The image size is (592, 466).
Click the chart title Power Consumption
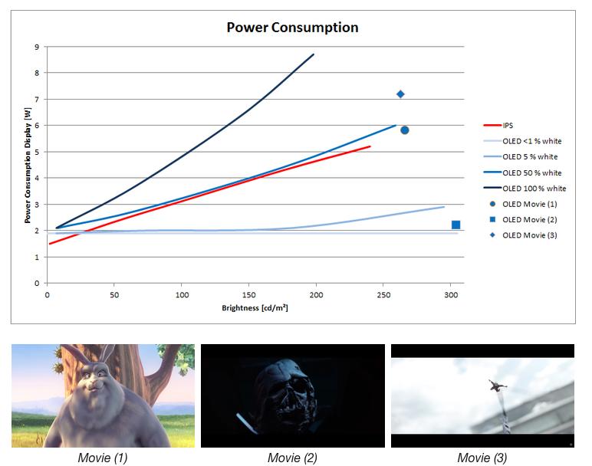(292, 28)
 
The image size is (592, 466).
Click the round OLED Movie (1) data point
(404, 130)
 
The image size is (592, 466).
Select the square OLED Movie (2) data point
(456, 225)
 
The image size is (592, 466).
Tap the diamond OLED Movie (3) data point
(400, 94)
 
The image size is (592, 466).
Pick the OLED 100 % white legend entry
(534, 188)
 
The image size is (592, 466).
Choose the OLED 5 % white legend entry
(530, 156)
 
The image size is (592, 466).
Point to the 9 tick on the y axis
(36, 47)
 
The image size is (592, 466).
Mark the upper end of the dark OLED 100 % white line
(313, 54)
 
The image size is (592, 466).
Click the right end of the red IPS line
(370, 146)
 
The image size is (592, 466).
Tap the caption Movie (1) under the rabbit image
(103, 458)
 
